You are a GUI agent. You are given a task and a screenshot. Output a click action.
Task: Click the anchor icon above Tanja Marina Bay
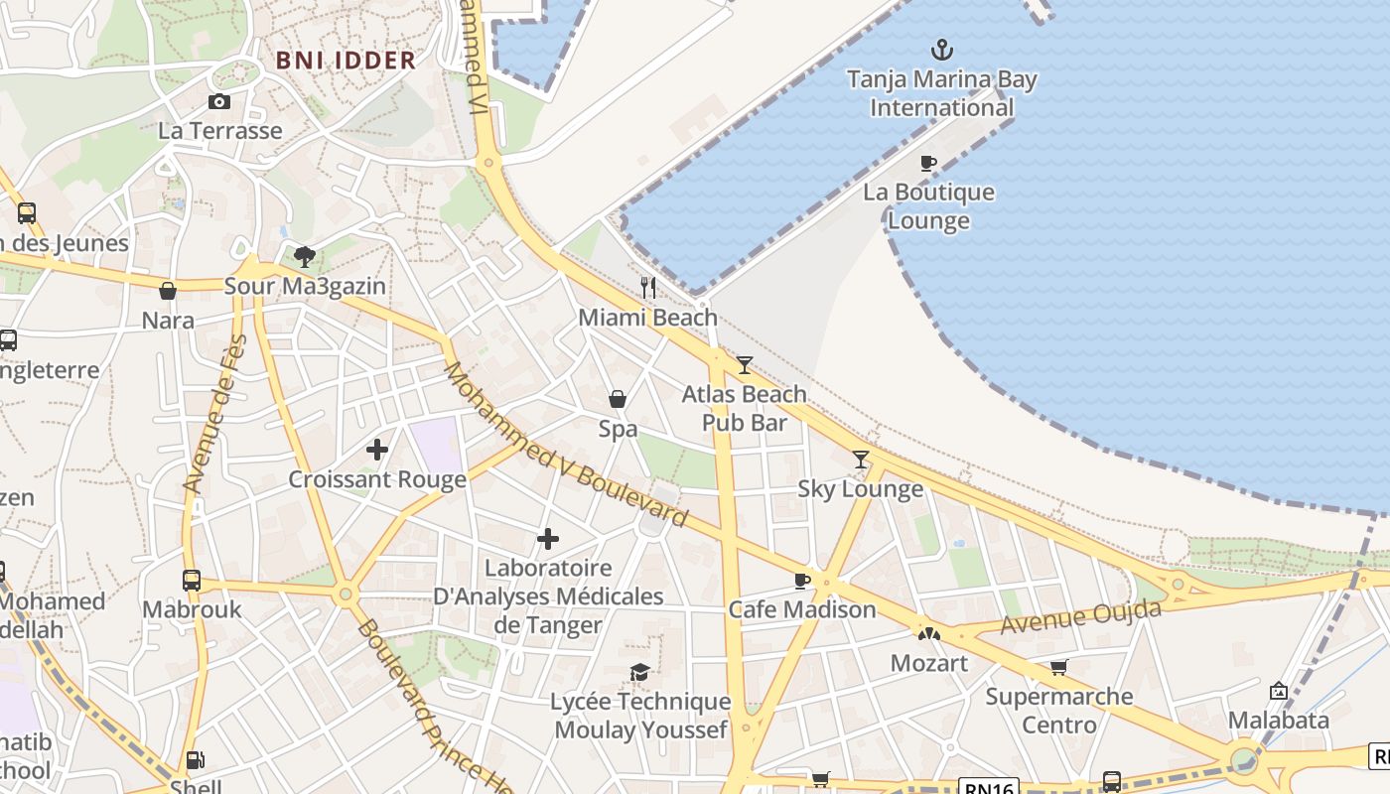[x=941, y=49]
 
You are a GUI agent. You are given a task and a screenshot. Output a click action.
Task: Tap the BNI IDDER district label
[x=346, y=61]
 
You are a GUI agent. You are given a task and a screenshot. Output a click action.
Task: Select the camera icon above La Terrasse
[x=219, y=101]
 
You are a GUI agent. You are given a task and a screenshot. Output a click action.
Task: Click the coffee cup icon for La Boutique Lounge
[x=928, y=163]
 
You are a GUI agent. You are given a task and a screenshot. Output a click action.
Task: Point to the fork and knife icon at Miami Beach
[x=648, y=288]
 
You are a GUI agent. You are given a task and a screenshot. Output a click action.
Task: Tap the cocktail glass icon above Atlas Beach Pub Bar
[x=745, y=365]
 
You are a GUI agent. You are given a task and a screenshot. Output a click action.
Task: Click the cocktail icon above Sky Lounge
[x=861, y=460]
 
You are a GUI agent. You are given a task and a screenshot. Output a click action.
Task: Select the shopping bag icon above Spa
[x=618, y=399]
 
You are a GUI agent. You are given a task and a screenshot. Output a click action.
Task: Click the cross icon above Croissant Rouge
[x=377, y=450]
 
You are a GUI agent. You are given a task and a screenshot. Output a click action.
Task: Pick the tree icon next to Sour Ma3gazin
[x=305, y=257]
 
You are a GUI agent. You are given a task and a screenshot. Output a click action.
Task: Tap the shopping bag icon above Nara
[x=168, y=291]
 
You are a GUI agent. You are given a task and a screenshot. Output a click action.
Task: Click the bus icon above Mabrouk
[x=192, y=581]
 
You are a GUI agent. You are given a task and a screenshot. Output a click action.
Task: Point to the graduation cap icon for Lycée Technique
[x=640, y=673]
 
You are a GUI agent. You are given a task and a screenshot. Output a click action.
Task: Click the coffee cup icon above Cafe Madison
[x=802, y=581]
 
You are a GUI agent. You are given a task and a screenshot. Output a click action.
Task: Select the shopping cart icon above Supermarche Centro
[x=1059, y=667]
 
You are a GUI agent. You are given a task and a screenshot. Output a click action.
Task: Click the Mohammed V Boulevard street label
[x=565, y=445]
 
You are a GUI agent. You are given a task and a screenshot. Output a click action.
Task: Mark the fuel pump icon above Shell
[x=197, y=760]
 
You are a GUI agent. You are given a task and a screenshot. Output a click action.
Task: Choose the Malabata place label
[x=1279, y=720]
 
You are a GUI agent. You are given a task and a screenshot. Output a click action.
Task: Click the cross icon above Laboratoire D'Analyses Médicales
[x=548, y=539]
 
